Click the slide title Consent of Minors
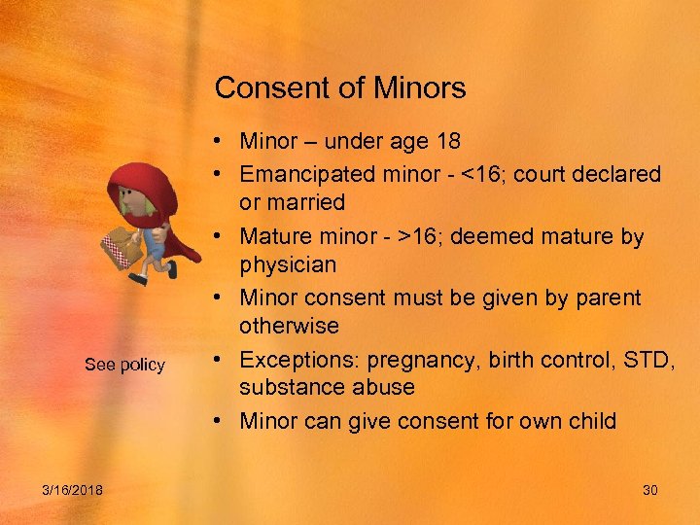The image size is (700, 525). [x=340, y=88]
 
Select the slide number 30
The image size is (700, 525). [x=650, y=490]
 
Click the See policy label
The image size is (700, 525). [x=124, y=366]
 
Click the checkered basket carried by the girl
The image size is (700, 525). [x=123, y=247]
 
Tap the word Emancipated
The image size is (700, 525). [x=310, y=175]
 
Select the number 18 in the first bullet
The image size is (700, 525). [x=449, y=142]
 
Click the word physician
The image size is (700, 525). [x=288, y=264]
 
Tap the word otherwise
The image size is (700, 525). [x=289, y=326]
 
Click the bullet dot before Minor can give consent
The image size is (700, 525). [x=223, y=421]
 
